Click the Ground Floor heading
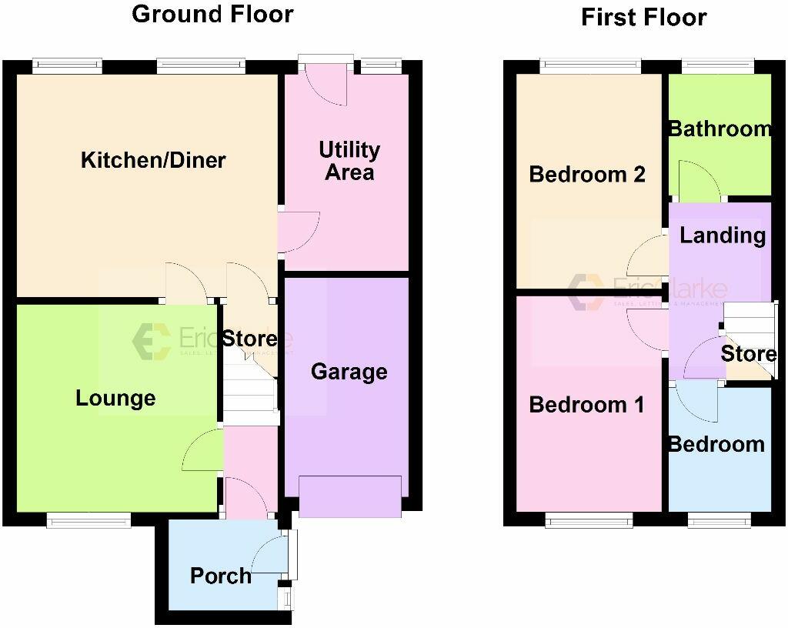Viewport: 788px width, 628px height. pyautogui.click(x=212, y=14)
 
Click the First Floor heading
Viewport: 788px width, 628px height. pyautogui.click(x=643, y=17)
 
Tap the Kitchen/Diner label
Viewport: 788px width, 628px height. pyautogui.click(x=153, y=160)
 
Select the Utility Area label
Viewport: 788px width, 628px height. pyautogui.click(x=349, y=160)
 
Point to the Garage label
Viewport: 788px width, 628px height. pyautogui.click(x=349, y=372)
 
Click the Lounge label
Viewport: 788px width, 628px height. pyautogui.click(x=115, y=398)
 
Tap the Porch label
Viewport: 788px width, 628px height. pyautogui.click(x=220, y=575)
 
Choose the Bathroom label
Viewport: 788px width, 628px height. pyautogui.click(x=719, y=129)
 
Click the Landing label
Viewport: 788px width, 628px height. pyautogui.click(x=723, y=235)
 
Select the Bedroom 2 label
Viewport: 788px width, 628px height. pyautogui.click(x=587, y=175)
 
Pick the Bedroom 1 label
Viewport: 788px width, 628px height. pyautogui.click(x=586, y=405)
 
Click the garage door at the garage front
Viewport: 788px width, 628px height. pyautogui.click(x=350, y=496)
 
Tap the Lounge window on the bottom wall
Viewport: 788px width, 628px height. pyautogui.click(x=88, y=521)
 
